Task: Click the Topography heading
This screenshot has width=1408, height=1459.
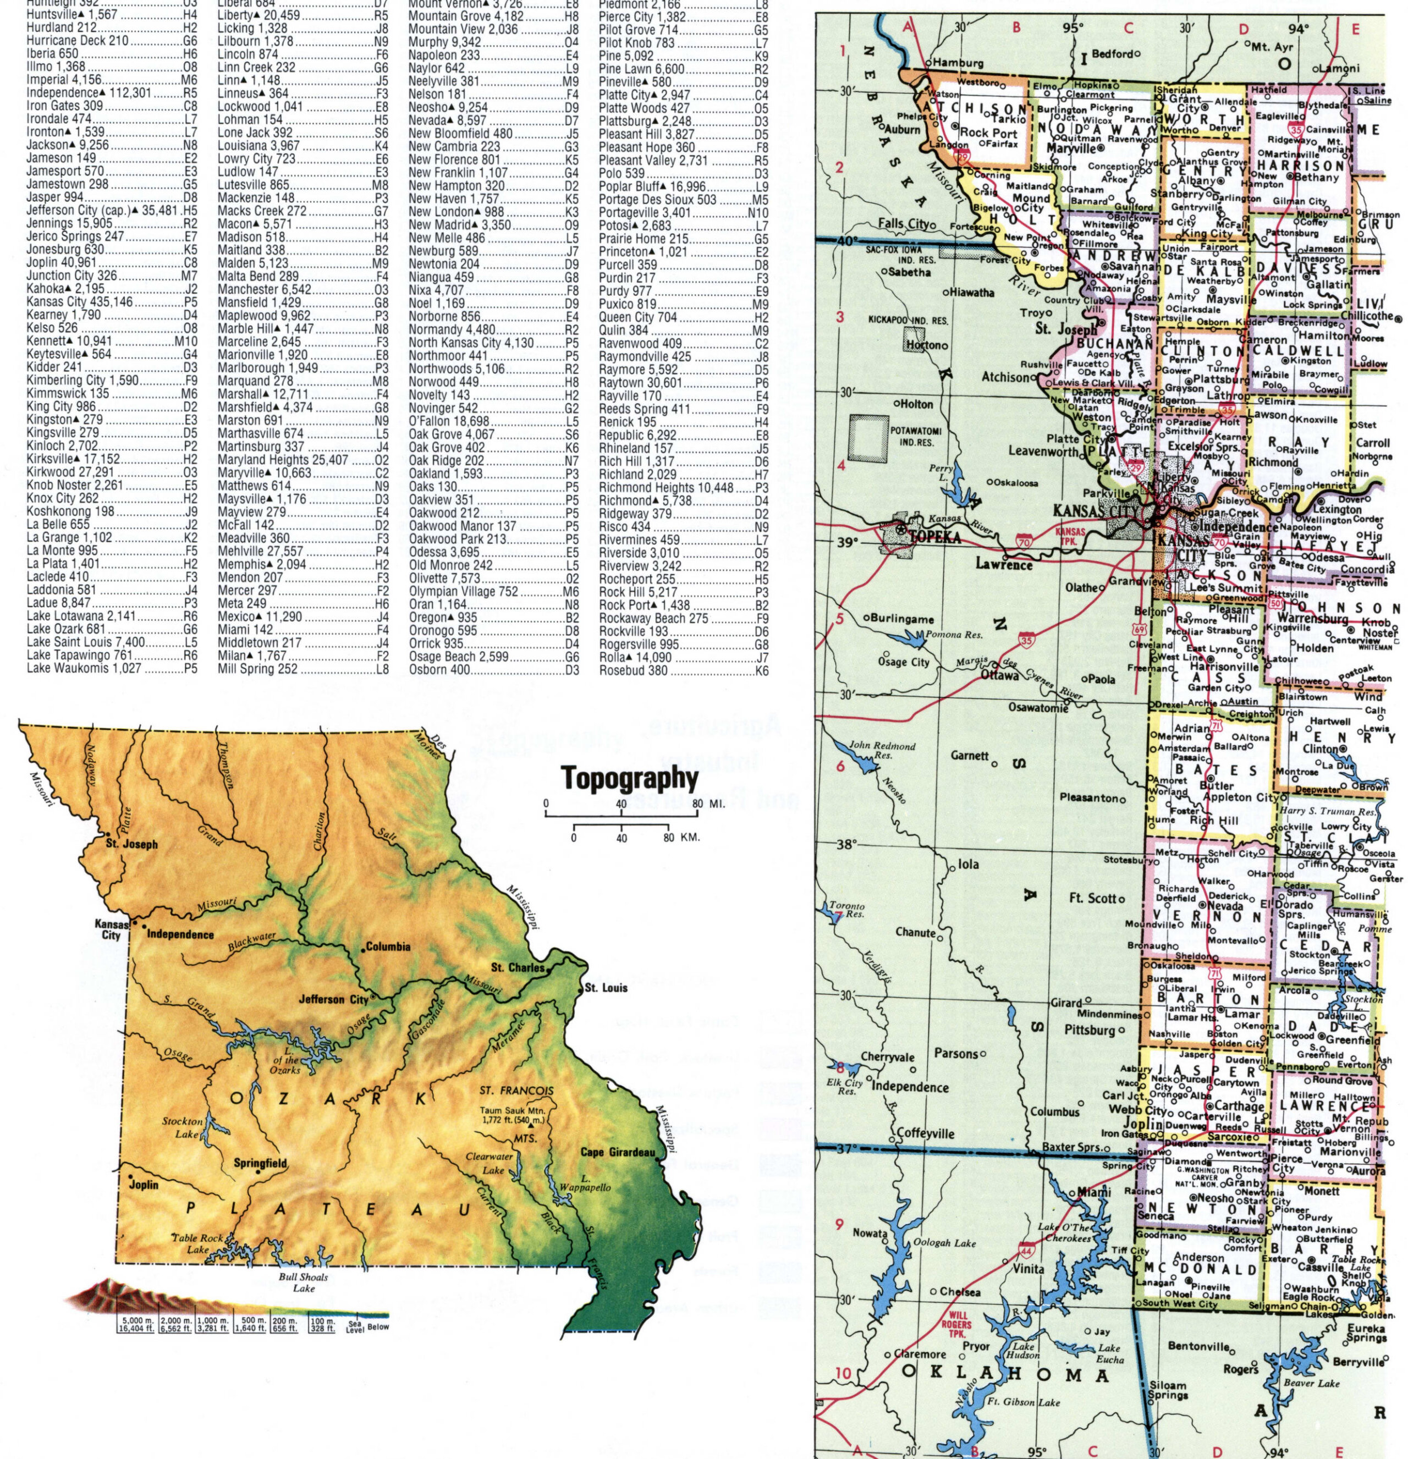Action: pyautogui.click(x=630, y=779)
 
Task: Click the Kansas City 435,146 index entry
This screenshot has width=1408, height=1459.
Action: pyautogui.click(x=80, y=302)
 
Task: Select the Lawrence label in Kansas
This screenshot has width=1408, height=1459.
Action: pyautogui.click(x=1004, y=564)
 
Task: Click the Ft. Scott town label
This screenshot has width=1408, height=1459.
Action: pyautogui.click(x=1092, y=899)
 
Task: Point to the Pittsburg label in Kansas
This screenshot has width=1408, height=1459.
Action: pyautogui.click(x=1088, y=1030)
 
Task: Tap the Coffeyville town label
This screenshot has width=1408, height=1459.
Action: pyautogui.click(x=926, y=1133)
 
